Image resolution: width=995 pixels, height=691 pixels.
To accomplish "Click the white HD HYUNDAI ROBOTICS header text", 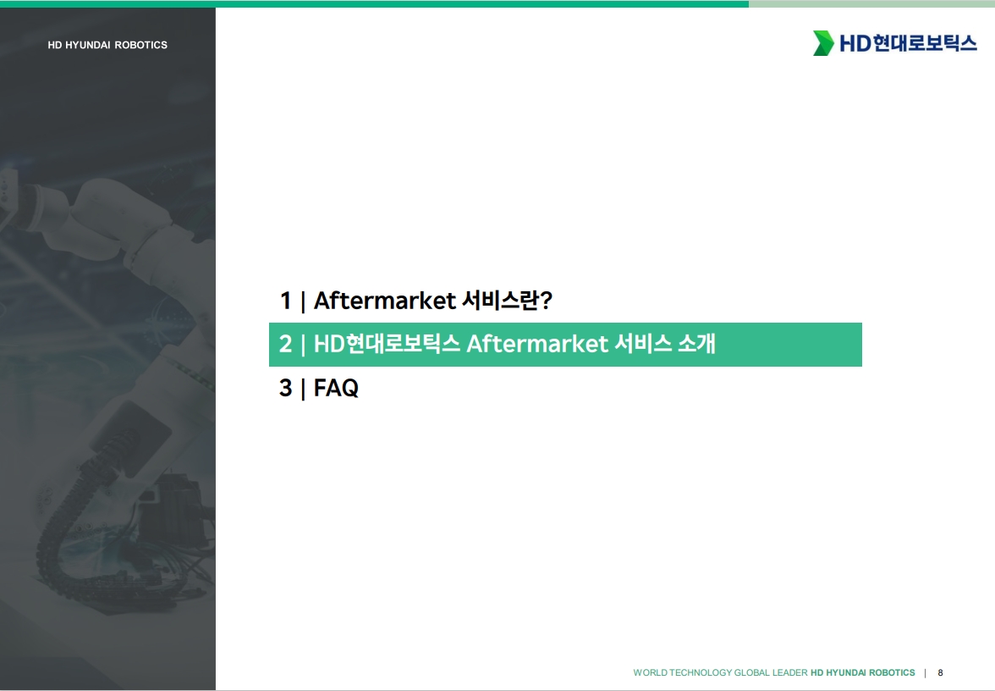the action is pos(107,45).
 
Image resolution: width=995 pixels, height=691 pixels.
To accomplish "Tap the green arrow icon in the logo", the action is pos(823,43).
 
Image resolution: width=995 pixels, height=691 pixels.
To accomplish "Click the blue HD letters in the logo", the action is pos(855,43).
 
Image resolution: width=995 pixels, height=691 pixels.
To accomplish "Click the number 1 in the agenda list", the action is pos(286,301).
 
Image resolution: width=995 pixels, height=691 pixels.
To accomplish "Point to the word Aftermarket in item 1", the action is pos(384,301).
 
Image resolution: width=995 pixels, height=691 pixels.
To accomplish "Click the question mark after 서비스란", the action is pos(546,301).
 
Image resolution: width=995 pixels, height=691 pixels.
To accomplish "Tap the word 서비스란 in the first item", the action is pos(500,301).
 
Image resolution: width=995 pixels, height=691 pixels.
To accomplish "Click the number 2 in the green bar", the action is pos(286,344).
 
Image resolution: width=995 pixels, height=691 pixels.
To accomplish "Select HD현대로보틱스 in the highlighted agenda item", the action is pos(387,344).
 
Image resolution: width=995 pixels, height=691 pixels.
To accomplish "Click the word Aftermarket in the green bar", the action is pos(537,344).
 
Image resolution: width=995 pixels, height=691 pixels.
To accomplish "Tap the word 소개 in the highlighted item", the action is pos(697,344).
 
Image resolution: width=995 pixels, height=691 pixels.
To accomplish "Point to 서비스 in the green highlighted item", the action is pos(643,344).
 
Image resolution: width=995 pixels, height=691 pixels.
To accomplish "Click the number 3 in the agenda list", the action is pos(286,388).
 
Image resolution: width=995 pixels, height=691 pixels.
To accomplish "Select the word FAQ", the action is pos(337,388).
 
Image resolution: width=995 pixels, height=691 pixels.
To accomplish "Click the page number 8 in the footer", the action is pos(941,672).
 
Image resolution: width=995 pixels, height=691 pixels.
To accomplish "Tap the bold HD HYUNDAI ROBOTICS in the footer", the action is pos(863,672).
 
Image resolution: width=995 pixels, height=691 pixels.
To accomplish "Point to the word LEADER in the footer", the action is pos(790,672).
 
